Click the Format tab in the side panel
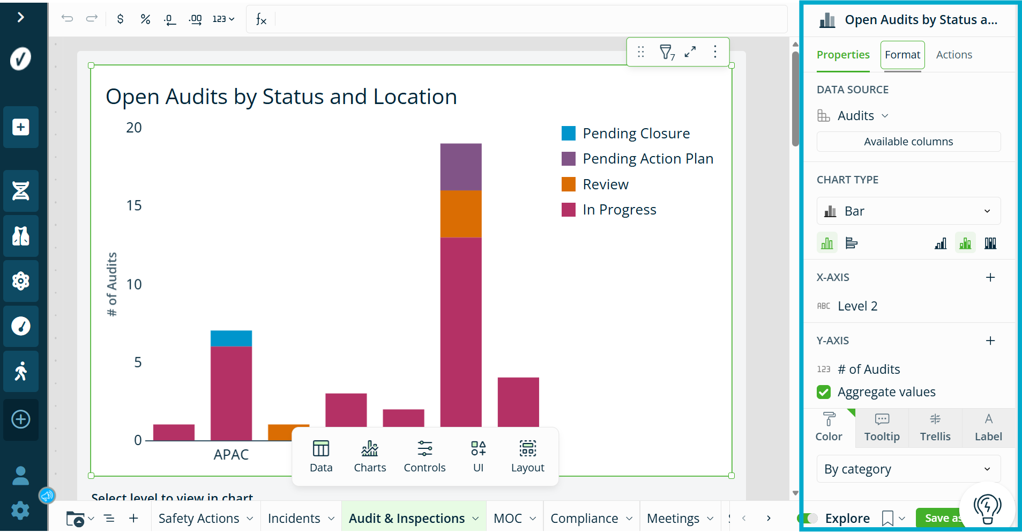pyautogui.click(x=902, y=55)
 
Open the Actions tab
pyautogui.click(x=954, y=55)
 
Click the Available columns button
pyautogui.click(x=908, y=142)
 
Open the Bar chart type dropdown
pyautogui.click(x=908, y=211)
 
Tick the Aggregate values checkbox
pyautogui.click(x=824, y=392)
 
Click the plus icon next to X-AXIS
pyautogui.click(x=990, y=277)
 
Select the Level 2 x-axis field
pyautogui.click(x=857, y=306)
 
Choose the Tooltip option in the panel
pyautogui.click(x=882, y=427)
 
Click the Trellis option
pyautogui.click(x=935, y=427)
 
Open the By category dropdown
pyautogui.click(x=908, y=469)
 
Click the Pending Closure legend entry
pyautogui.click(x=625, y=134)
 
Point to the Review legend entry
pyautogui.click(x=595, y=184)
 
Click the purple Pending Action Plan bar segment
pyautogui.click(x=461, y=167)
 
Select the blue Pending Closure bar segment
pyautogui.click(x=231, y=338)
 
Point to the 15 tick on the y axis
pyautogui.click(x=134, y=205)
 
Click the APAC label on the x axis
pyautogui.click(x=231, y=455)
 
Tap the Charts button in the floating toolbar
pyautogui.click(x=370, y=456)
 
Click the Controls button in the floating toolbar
pyautogui.click(x=424, y=456)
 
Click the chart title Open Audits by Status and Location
pyautogui.click(x=281, y=97)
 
